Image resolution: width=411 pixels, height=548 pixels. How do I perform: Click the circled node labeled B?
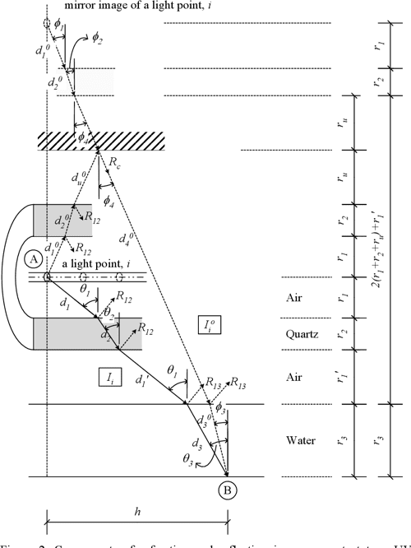(228, 493)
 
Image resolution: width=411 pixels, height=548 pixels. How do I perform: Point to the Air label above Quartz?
(295, 297)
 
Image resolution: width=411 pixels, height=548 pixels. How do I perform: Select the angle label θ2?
(105, 313)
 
